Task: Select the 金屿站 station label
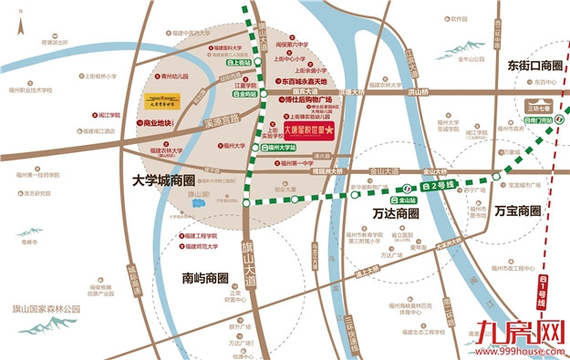click(245, 94)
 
